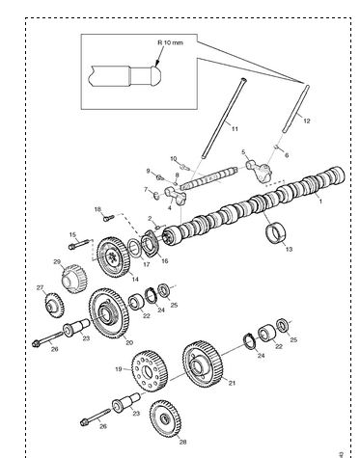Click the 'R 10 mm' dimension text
click(x=170, y=42)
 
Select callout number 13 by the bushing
click(x=289, y=249)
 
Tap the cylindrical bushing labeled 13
click(x=276, y=232)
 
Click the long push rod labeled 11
click(x=223, y=118)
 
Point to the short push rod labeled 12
click(x=295, y=108)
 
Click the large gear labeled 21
click(x=203, y=364)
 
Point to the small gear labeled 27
click(x=54, y=306)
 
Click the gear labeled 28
click(x=165, y=418)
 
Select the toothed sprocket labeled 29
click(x=73, y=279)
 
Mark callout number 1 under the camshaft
click(x=320, y=202)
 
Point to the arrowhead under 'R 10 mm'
click(x=156, y=63)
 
